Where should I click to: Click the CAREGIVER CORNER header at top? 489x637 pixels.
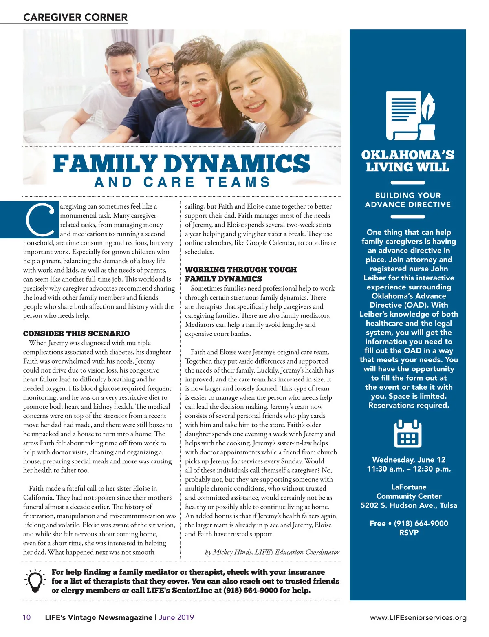click(75, 18)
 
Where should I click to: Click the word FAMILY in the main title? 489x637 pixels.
click(105, 164)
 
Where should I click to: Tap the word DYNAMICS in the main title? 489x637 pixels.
click(237, 164)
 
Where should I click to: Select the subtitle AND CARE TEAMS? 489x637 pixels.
click(183, 182)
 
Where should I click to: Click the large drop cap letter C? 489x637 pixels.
click(40, 220)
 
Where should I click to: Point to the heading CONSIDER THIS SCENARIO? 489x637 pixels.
click(76, 333)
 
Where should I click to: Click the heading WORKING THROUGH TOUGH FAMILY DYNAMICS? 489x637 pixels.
click(240, 274)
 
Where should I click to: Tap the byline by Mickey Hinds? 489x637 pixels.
click(272, 552)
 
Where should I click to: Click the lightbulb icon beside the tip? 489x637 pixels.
click(35, 580)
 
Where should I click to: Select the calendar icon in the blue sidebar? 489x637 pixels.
click(408, 434)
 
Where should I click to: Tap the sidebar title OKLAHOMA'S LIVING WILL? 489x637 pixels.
click(407, 161)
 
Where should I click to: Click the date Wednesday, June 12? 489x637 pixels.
click(409, 460)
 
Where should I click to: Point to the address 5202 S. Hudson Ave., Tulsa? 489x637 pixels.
click(409, 505)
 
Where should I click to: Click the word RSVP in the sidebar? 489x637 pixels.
click(409, 533)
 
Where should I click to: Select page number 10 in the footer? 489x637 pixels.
click(26, 617)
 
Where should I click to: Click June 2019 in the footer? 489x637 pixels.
click(176, 617)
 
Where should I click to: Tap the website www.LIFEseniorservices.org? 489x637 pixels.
click(418, 618)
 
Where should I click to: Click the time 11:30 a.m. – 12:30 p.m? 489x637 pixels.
click(409, 469)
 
